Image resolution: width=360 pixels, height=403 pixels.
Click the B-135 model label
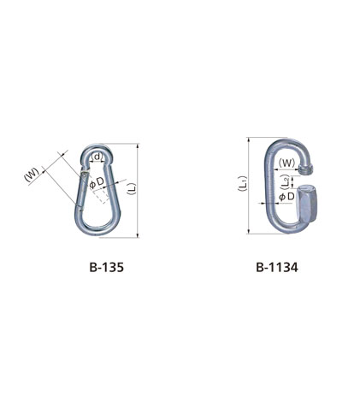(107, 268)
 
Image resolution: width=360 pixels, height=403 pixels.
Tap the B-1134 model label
(277, 268)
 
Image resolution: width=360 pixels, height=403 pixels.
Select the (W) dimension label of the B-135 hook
(32, 175)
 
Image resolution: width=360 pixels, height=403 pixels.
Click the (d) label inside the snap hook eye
(97, 157)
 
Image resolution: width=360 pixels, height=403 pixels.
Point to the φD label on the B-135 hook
(97, 182)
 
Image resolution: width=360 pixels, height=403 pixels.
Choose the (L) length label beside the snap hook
(133, 189)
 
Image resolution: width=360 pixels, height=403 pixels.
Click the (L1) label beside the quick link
(243, 184)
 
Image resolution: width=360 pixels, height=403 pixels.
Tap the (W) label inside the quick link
(286, 163)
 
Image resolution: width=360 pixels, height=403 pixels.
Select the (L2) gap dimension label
(285, 182)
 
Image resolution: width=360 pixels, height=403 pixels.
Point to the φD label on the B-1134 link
(286, 197)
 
